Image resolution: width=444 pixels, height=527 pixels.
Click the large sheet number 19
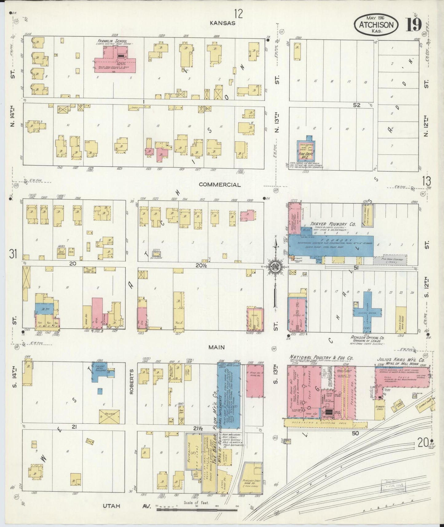(414, 25)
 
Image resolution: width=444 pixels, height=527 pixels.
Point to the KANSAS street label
(222, 23)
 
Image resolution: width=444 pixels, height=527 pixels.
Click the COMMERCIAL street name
(219, 185)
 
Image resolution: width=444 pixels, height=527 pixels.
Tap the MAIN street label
(217, 347)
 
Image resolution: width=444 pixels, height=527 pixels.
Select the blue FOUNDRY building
(332, 245)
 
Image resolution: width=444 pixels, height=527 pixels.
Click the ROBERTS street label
(132, 382)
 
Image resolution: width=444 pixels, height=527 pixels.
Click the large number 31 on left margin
(13, 254)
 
